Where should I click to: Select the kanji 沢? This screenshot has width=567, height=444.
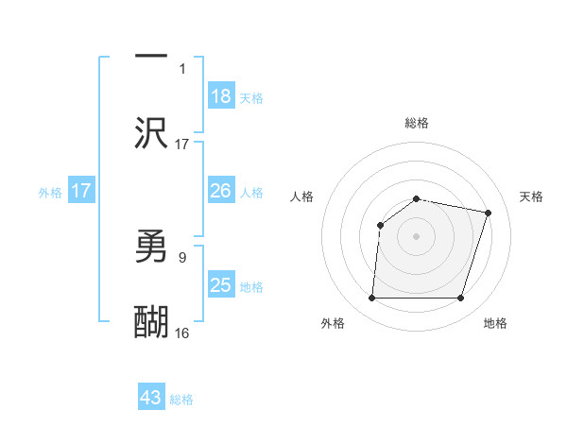[x=151, y=133]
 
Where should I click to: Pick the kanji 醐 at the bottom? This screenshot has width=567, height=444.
[x=151, y=322]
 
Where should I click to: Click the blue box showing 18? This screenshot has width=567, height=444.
[x=221, y=96]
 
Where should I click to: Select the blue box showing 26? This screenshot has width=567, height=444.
[x=221, y=191]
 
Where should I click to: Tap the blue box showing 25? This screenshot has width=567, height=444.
[x=221, y=285]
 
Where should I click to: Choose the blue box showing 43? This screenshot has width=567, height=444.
[x=151, y=398]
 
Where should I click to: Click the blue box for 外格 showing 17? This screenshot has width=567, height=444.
[x=81, y=191]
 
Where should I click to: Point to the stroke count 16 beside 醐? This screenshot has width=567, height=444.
[x=182, y=333]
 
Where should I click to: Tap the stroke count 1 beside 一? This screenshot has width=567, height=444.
[x=182, y=68]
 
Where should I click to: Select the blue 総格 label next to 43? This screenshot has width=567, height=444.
[x=181, y=400]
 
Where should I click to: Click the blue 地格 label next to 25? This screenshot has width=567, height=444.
[x=251, y=287]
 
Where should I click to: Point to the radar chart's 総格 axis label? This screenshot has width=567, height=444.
[x=417, y=123]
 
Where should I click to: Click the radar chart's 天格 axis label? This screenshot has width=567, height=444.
[x=532, y=196]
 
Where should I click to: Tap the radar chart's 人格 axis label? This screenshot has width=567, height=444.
[x=302, y=196]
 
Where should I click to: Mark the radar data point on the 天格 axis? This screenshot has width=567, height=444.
[x=488, y=213]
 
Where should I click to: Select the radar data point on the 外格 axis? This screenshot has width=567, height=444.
[x=372, y=299]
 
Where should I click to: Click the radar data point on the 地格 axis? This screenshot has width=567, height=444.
[x=461, y=299]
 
